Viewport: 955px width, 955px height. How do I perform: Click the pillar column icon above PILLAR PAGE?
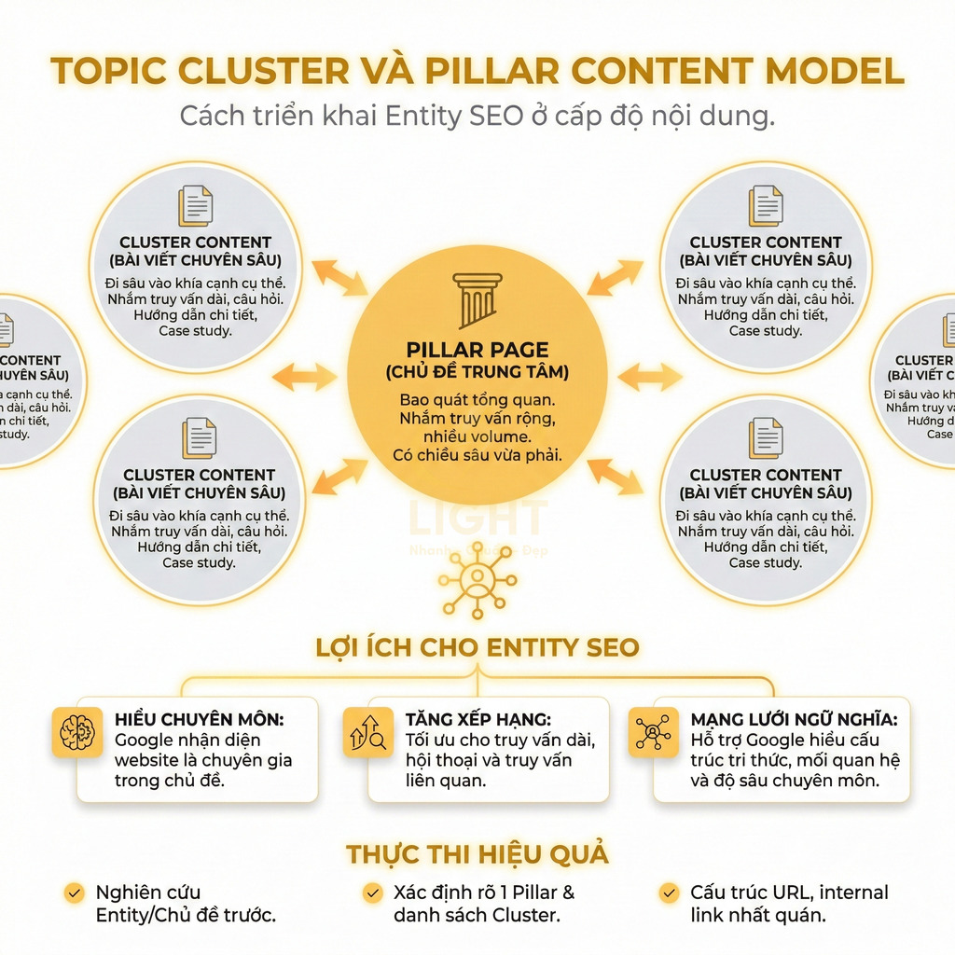click(x=477, y=298)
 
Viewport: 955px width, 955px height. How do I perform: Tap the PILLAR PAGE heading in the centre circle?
click(x=477, y=351)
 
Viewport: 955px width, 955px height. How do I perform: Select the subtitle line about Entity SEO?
click(x=477, y=117)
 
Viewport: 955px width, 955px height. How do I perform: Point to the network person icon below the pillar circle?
click(x=477, y=579)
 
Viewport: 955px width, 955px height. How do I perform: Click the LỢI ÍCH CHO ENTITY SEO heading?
click(x=477, y=647)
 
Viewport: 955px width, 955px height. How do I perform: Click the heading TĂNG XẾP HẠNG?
click(x=478, y=720)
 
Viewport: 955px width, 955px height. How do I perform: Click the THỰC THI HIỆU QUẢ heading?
click(x=477, y=853)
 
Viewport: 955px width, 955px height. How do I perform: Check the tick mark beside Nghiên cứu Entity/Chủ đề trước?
click(x=74, y=893)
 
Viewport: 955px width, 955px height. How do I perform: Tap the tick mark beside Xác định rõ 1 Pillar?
click(x=372, y=893)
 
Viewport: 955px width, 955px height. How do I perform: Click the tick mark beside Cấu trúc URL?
click(x=668, y=893)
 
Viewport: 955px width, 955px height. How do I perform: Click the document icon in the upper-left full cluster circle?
click(x=196, y=205)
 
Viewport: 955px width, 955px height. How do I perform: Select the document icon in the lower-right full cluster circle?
click(x=766, y=438)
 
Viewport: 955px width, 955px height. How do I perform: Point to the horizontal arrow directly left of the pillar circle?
click(x=304, y=377)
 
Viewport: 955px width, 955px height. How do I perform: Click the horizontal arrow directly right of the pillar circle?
click(x=650, y=377)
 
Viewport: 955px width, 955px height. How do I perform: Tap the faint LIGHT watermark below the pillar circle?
click(x=477, y=519)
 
